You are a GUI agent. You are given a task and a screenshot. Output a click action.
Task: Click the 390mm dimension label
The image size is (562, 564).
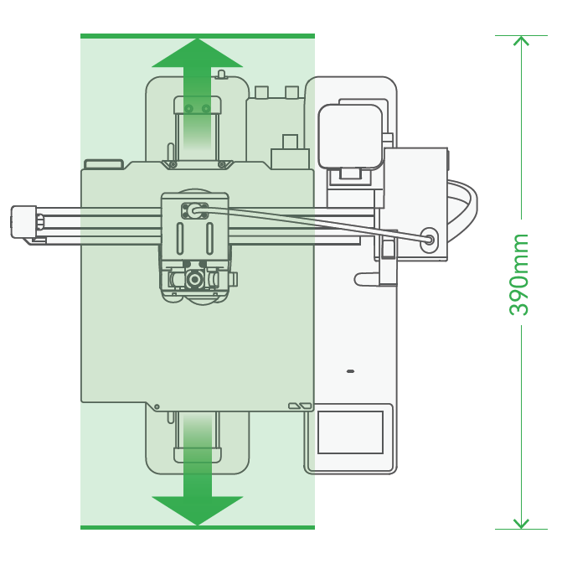tap(518, 274)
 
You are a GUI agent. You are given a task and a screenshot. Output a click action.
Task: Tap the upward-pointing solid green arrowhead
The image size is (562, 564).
tap(198, 54)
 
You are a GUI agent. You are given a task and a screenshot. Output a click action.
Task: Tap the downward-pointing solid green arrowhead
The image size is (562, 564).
tap(198, 510)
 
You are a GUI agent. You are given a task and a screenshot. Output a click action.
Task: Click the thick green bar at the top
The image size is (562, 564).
tap(198, 36)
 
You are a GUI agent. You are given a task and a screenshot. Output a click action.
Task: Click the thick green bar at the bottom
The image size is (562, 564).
tap(198, 527)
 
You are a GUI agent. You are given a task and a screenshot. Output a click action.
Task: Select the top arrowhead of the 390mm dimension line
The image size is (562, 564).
tap(521, 40)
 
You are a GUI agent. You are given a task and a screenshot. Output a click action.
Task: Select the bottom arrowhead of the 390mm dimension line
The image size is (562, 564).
tap(521, 524)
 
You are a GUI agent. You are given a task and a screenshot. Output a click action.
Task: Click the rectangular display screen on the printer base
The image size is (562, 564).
tap(350, 432)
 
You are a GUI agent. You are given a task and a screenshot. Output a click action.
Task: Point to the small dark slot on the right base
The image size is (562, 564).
tap(350, 371)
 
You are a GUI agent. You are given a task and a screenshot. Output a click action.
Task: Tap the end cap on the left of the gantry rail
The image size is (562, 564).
tap(23, 221)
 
